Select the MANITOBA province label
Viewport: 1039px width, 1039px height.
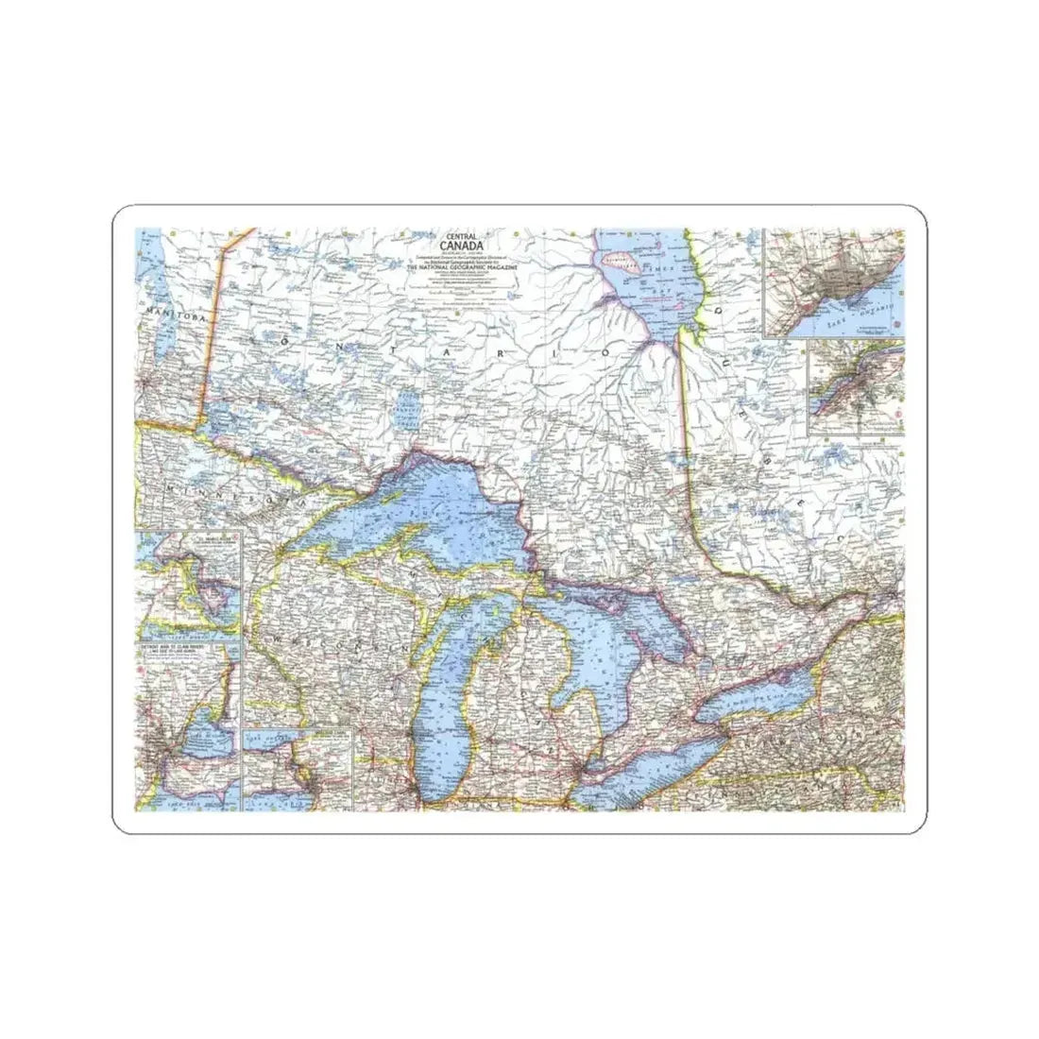(175, 313)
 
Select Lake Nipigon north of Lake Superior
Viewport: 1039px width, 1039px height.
(407, 411)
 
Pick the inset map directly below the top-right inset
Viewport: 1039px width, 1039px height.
(855, 387)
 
